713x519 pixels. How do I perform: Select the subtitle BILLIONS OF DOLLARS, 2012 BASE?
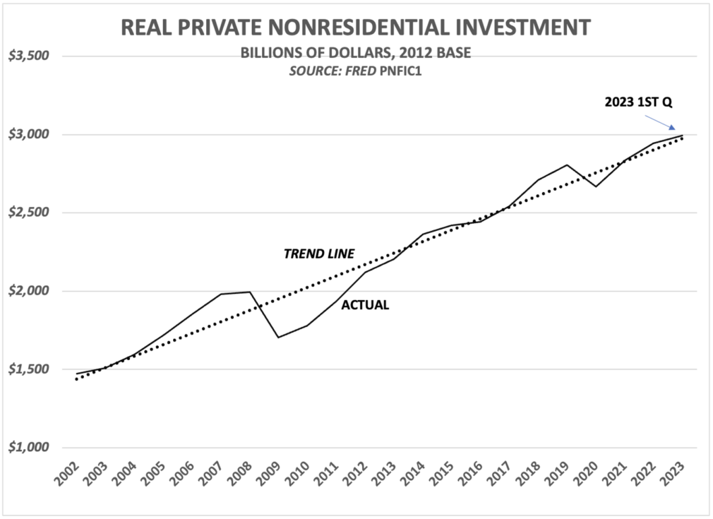356,55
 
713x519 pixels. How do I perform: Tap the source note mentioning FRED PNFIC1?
356,71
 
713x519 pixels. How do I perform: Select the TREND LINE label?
318,254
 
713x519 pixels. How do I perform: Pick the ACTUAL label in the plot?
365,306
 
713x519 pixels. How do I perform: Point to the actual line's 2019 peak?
567,165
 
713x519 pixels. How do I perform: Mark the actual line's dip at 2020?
595,186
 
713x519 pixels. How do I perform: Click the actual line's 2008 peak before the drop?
250,292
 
